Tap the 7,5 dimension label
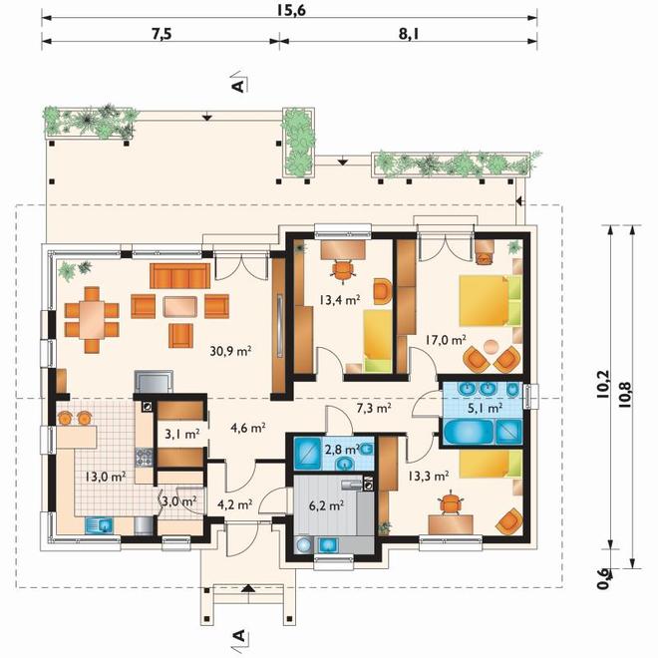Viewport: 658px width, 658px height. coord(162,34)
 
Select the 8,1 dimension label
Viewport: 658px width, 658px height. coord(409,34)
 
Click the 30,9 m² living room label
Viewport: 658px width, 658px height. coord(230,350)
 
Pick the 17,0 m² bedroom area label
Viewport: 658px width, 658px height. coord(446,340)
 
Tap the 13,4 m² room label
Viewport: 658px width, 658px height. coord(340,300)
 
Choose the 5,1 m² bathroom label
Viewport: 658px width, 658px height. coord(486,408)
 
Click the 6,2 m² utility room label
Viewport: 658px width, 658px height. coord(326,505)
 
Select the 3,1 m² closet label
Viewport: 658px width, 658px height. coord(181,434)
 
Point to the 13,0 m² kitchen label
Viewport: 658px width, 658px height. coord(106,477)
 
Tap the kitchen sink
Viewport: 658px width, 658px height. coord(100,525)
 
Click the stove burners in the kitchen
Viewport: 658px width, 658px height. coord(144,458)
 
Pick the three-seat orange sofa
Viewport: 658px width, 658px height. coord(179,276)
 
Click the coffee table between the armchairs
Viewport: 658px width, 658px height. coord(180,306)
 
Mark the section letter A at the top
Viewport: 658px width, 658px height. coord(238,86)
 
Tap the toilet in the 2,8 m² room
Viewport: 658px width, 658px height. coord(366,450)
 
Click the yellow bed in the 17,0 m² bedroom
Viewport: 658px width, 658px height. coord(491,300)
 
